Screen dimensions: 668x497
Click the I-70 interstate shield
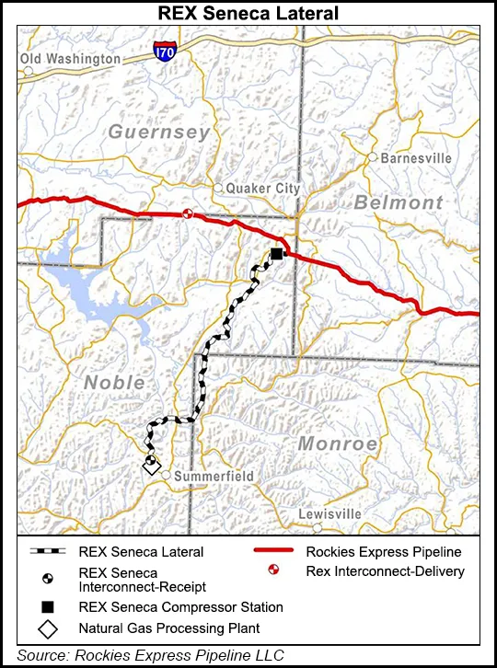(165, 52)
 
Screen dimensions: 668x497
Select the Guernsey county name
(159, 132)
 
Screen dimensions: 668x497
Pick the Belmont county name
(399, 202)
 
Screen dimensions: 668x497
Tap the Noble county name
(114, 382)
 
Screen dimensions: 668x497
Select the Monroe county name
(338, 443)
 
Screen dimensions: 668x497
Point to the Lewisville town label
(343, 514)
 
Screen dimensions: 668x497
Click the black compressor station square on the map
(275, 255)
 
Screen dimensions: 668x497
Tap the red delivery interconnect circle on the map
(187, 213)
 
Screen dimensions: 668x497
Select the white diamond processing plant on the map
(152, 467)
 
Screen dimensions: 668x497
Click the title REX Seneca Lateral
(248, 12)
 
